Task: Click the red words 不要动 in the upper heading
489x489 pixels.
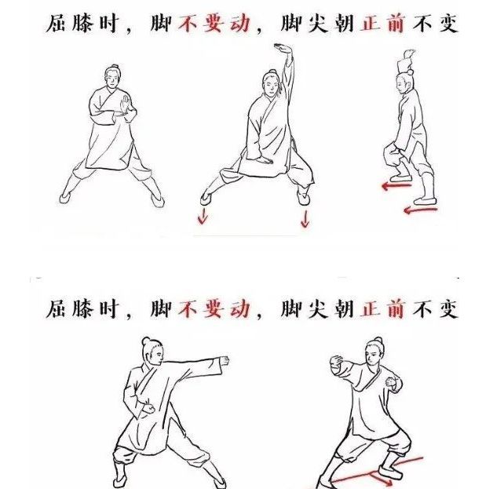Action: click(x=215, y=24)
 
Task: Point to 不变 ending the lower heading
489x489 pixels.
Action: click(x=436, y=309)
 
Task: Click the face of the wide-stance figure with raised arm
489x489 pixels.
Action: click(x=269, y=82)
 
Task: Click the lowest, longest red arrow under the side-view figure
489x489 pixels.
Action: click(x=419, y=210)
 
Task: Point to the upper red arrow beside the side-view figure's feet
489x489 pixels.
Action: click(x=394, y=186)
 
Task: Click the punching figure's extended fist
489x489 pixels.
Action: click(x=224, y=361)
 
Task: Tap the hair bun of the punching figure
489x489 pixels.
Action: click(x=146, y=341)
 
